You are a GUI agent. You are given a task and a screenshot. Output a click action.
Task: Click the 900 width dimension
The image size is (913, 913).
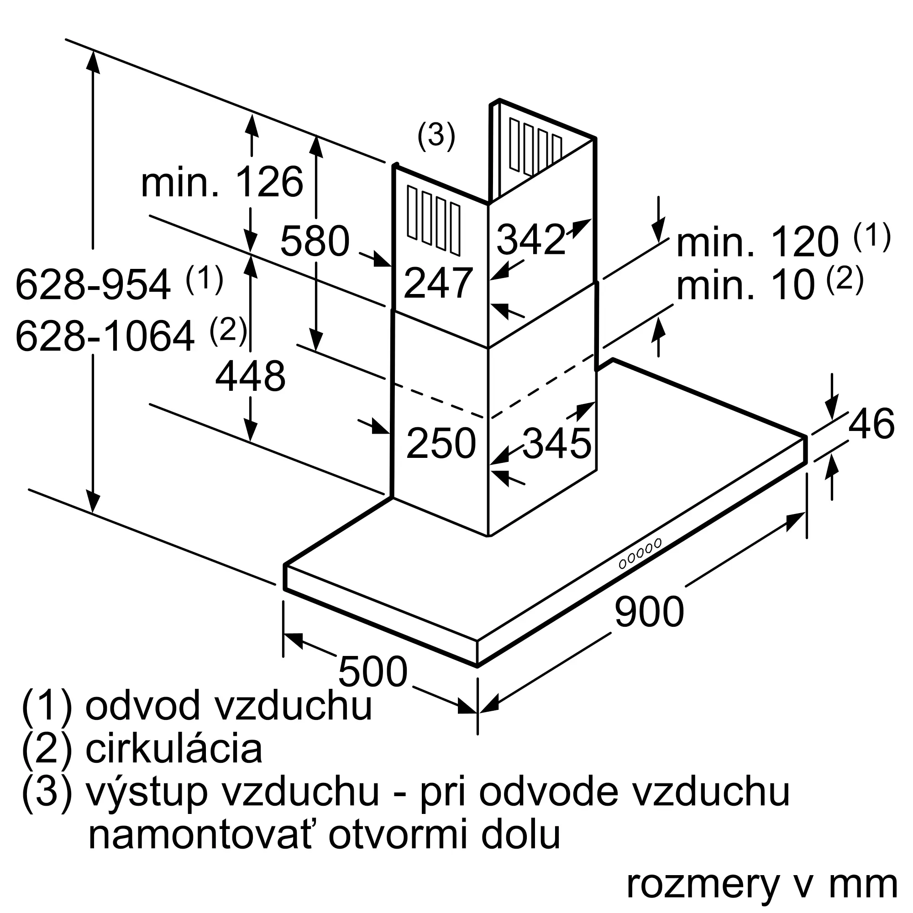click(x=649, y=612)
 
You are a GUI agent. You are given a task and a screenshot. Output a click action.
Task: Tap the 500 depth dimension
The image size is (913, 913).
click(x=373, y=671)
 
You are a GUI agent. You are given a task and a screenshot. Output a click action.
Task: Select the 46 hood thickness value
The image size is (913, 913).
click(x=871, y=424)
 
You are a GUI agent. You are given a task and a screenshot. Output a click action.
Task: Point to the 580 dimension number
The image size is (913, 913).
click(x=315, y=241)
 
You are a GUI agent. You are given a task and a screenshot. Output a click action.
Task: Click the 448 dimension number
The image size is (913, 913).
click(x=250, y=376)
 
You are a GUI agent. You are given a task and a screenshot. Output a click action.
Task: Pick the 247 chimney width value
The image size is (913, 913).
click(x=438, y=283)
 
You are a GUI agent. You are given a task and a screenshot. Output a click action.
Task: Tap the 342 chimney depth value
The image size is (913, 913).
click(x=531, y=240)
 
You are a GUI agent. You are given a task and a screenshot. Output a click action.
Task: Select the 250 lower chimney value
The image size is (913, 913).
click(x=441, y=443)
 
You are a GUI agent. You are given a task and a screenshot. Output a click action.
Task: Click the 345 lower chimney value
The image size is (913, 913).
click(x=556, y=443)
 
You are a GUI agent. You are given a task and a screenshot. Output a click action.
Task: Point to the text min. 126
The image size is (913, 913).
click(x=222, y=182)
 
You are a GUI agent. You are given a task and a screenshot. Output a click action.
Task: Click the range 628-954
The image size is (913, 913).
click(x=93, y=284)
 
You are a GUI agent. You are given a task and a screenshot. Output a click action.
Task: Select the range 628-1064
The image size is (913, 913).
click(x=105, y=336)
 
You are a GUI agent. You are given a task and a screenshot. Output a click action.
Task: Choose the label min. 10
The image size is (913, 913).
click(x=746, y=285)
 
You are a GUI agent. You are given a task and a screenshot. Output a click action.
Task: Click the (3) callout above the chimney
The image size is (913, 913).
click(x=436, y=136)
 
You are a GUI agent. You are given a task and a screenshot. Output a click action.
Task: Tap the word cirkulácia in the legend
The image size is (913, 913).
click(x=173, y=749)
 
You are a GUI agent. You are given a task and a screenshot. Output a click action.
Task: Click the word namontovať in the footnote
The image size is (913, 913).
click(x=200, y=835)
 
